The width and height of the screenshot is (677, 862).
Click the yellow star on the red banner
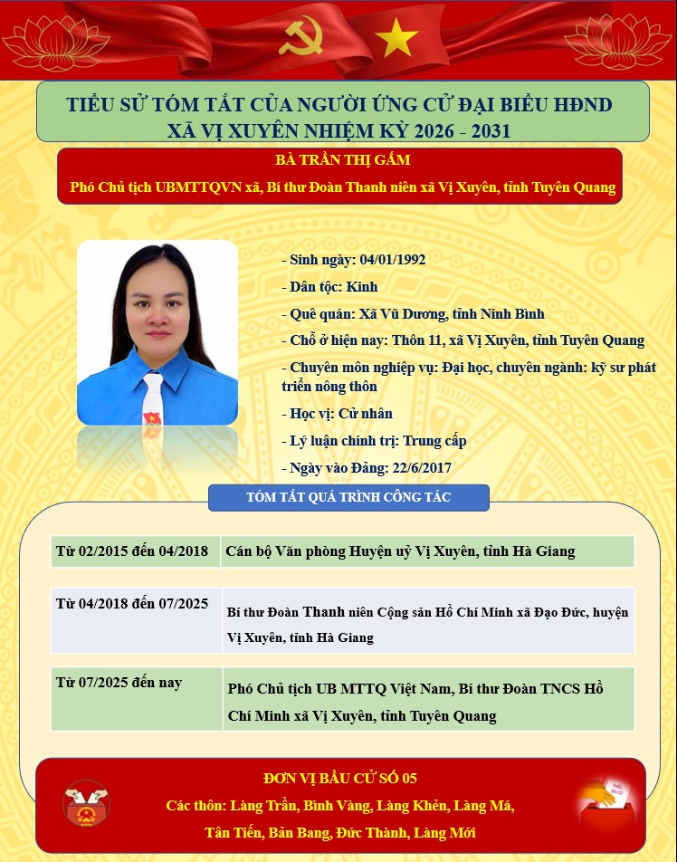[x=396, y=38]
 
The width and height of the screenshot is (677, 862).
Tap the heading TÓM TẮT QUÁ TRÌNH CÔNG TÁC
[x=348, y=497]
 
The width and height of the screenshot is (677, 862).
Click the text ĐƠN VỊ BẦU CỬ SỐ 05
[x=340, y=779]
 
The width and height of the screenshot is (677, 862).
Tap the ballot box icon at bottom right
[x=602, y=800]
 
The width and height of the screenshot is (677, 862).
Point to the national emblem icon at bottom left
[x=86, y=803]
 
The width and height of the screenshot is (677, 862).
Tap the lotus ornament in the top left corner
[x=56, y=38]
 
